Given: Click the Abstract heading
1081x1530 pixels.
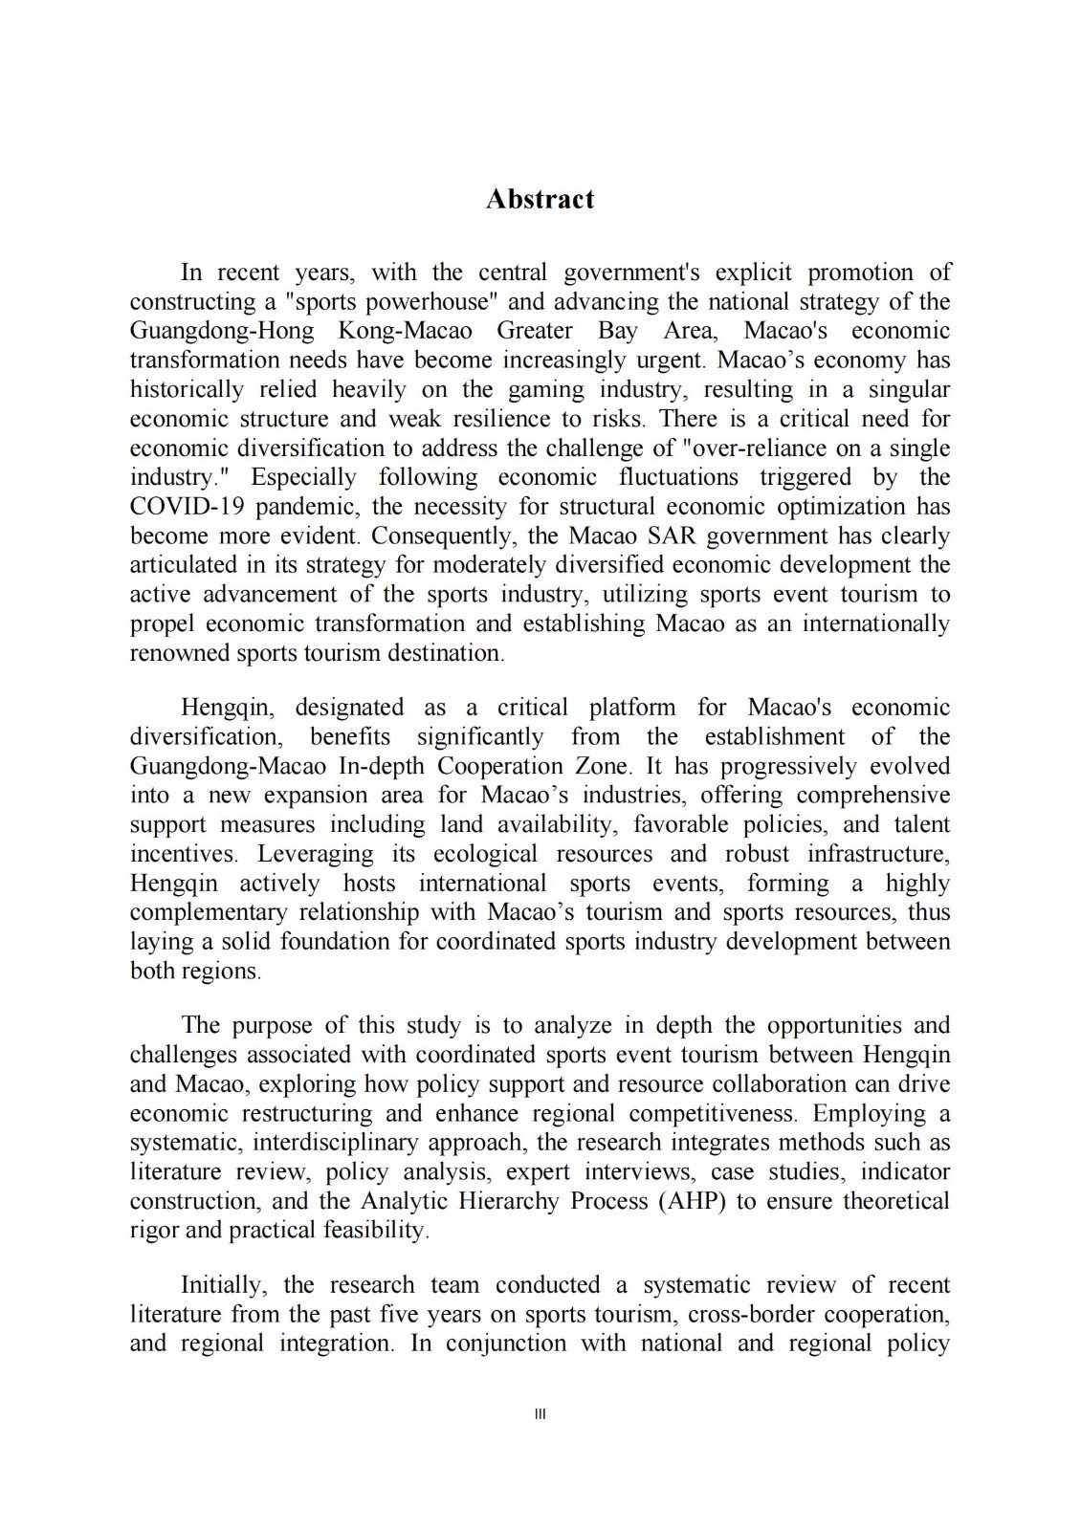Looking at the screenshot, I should [x=540, y=199].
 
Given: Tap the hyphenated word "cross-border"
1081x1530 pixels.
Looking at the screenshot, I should [x=751, y=1315].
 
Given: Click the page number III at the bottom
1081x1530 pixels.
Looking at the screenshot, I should [x=540, y=1413].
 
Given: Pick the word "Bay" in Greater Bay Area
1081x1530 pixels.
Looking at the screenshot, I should [x=618, y=332].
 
